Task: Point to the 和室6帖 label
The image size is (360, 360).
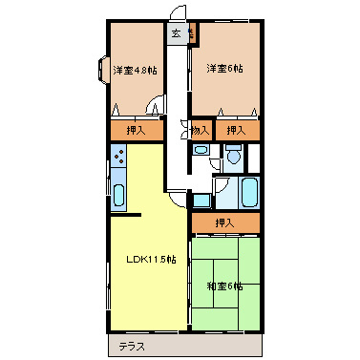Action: pyautogui.click(x=224, y=285)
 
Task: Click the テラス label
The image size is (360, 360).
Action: pyautogui.click(x=132, y=346)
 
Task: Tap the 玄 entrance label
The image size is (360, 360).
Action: pyautogui.click(x=177, y=34)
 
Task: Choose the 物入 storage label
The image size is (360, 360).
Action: pyautogui.click(x=200, y=130)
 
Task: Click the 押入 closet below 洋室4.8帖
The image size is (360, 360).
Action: pyautogui.click(x=135, y=130)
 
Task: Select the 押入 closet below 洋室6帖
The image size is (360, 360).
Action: pyautogui.click(x=236, y=130)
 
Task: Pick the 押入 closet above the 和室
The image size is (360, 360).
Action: pyautogui.click(x=224, y=222)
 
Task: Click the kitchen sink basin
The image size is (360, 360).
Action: pyautogui.click(x=119, y=195)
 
